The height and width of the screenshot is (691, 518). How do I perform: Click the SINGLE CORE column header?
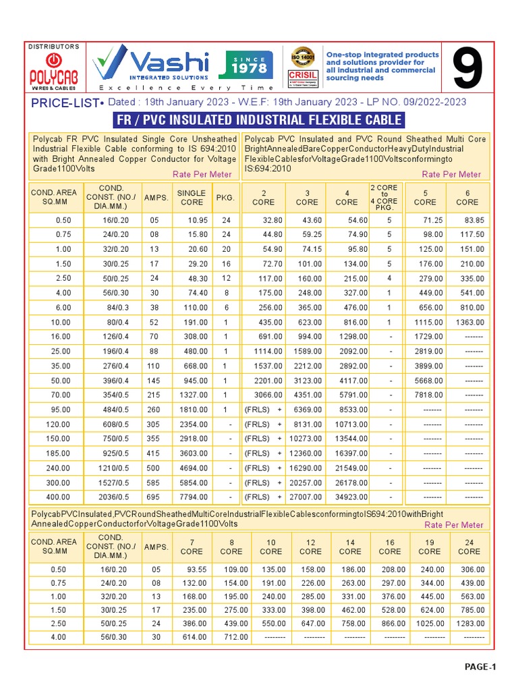[191, 197]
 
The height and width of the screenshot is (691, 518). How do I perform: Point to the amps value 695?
[154, 497]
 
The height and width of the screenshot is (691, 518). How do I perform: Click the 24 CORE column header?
[469, 547]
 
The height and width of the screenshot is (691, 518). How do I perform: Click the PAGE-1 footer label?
[480, 667]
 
